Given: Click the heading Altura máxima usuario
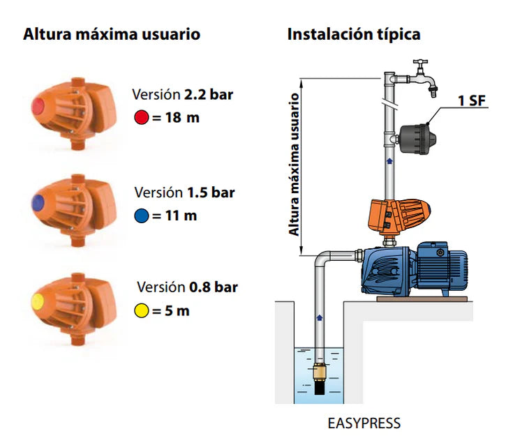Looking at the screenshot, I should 112,33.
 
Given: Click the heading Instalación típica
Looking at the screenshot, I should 354,33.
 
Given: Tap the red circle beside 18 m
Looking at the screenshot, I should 142,118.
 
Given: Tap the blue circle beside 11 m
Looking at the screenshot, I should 142,216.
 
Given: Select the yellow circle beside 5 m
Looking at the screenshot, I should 142,311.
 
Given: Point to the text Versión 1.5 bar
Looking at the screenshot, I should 184,193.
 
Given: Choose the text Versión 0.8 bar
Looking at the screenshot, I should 187,287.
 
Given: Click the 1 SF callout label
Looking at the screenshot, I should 472,100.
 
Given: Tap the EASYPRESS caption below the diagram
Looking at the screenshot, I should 364,423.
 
